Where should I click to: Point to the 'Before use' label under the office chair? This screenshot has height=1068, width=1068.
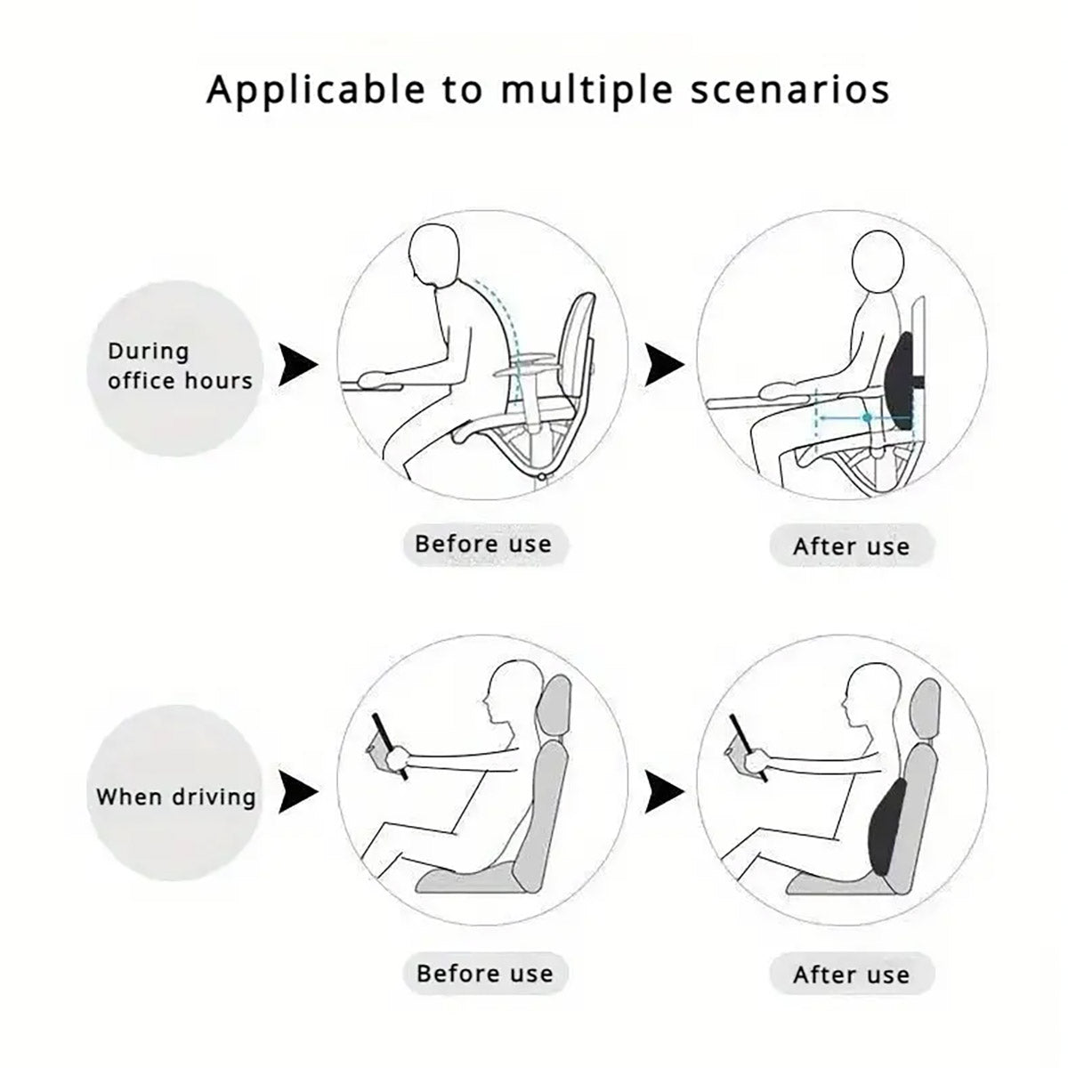(x=483, y=544)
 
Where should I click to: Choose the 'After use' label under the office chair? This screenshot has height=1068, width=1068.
(x=851, y=546)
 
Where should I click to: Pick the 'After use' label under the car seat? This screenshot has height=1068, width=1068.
(x=851, y=975)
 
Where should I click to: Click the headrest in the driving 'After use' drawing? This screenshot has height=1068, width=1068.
(x=926, y=713)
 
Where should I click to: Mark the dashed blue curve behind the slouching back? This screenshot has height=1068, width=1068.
(x=499, y=311)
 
